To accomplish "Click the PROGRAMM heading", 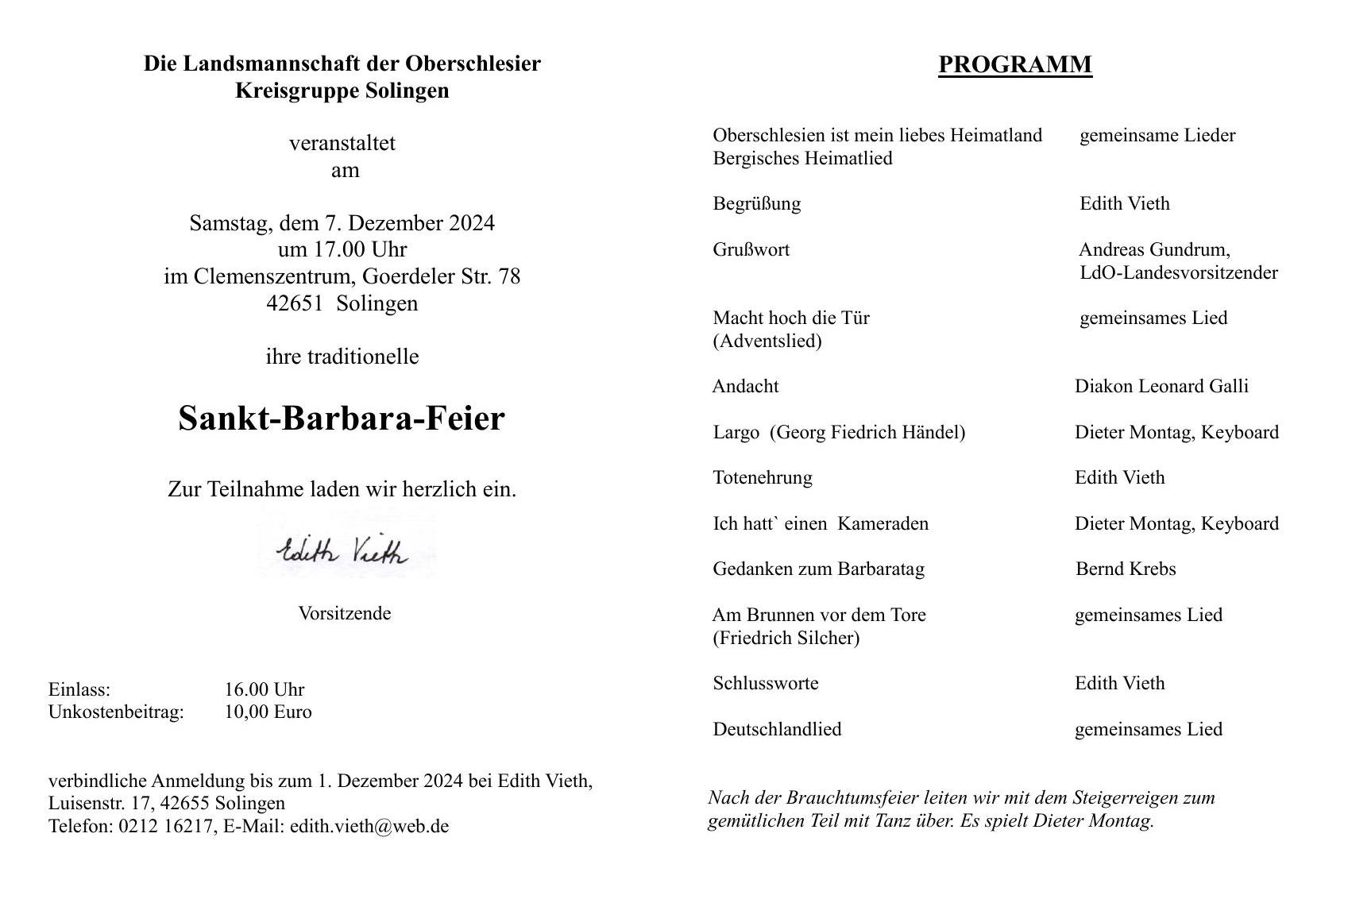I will click(1014, 64).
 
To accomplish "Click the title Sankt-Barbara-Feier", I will click(342, 419).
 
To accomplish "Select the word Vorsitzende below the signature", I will click(344, 613).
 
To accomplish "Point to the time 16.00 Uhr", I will click(264, 689).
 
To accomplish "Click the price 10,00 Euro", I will click(268, 712).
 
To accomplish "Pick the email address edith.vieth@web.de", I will click(369, 826).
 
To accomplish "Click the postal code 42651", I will click(295, 303).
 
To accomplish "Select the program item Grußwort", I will click(751, 249).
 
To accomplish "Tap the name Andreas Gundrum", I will click(1153, 249).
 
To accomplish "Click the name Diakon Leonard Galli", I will click(1161, 386).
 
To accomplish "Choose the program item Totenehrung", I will click(762, 477).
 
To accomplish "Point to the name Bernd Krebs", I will click(1125, 569).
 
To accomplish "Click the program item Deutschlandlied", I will click(777, 729).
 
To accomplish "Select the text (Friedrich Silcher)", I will click(786, 638).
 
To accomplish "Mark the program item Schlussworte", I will click(765, 683).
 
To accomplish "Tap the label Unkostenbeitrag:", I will click(116, 712).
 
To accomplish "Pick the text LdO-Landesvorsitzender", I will click(1178, 272).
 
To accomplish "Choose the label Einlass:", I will click(79, 689).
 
